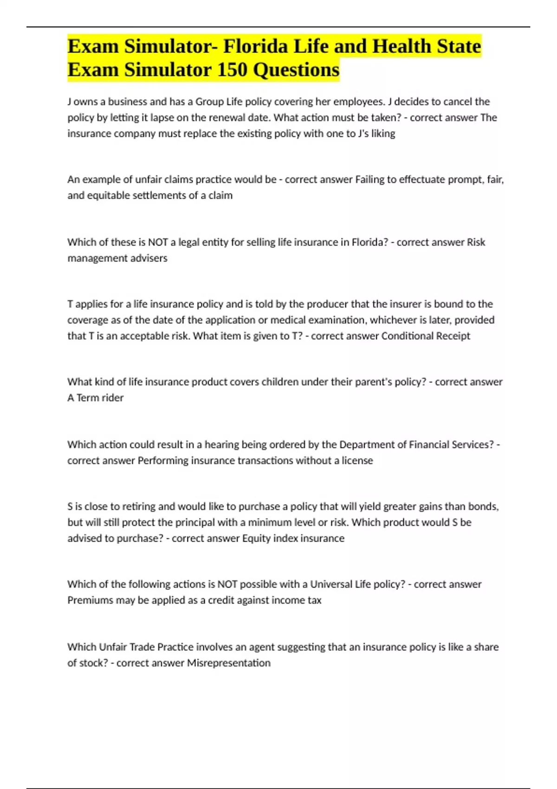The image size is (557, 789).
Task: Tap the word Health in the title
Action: tap(402, 46)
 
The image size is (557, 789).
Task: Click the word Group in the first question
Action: tap(209, 102)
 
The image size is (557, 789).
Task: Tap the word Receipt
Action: tap(453, 336)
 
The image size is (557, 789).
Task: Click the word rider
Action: tap(113, 398)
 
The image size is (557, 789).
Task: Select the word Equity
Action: tap(256, 538)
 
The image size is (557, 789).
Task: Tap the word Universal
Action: tap(331, 584)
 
